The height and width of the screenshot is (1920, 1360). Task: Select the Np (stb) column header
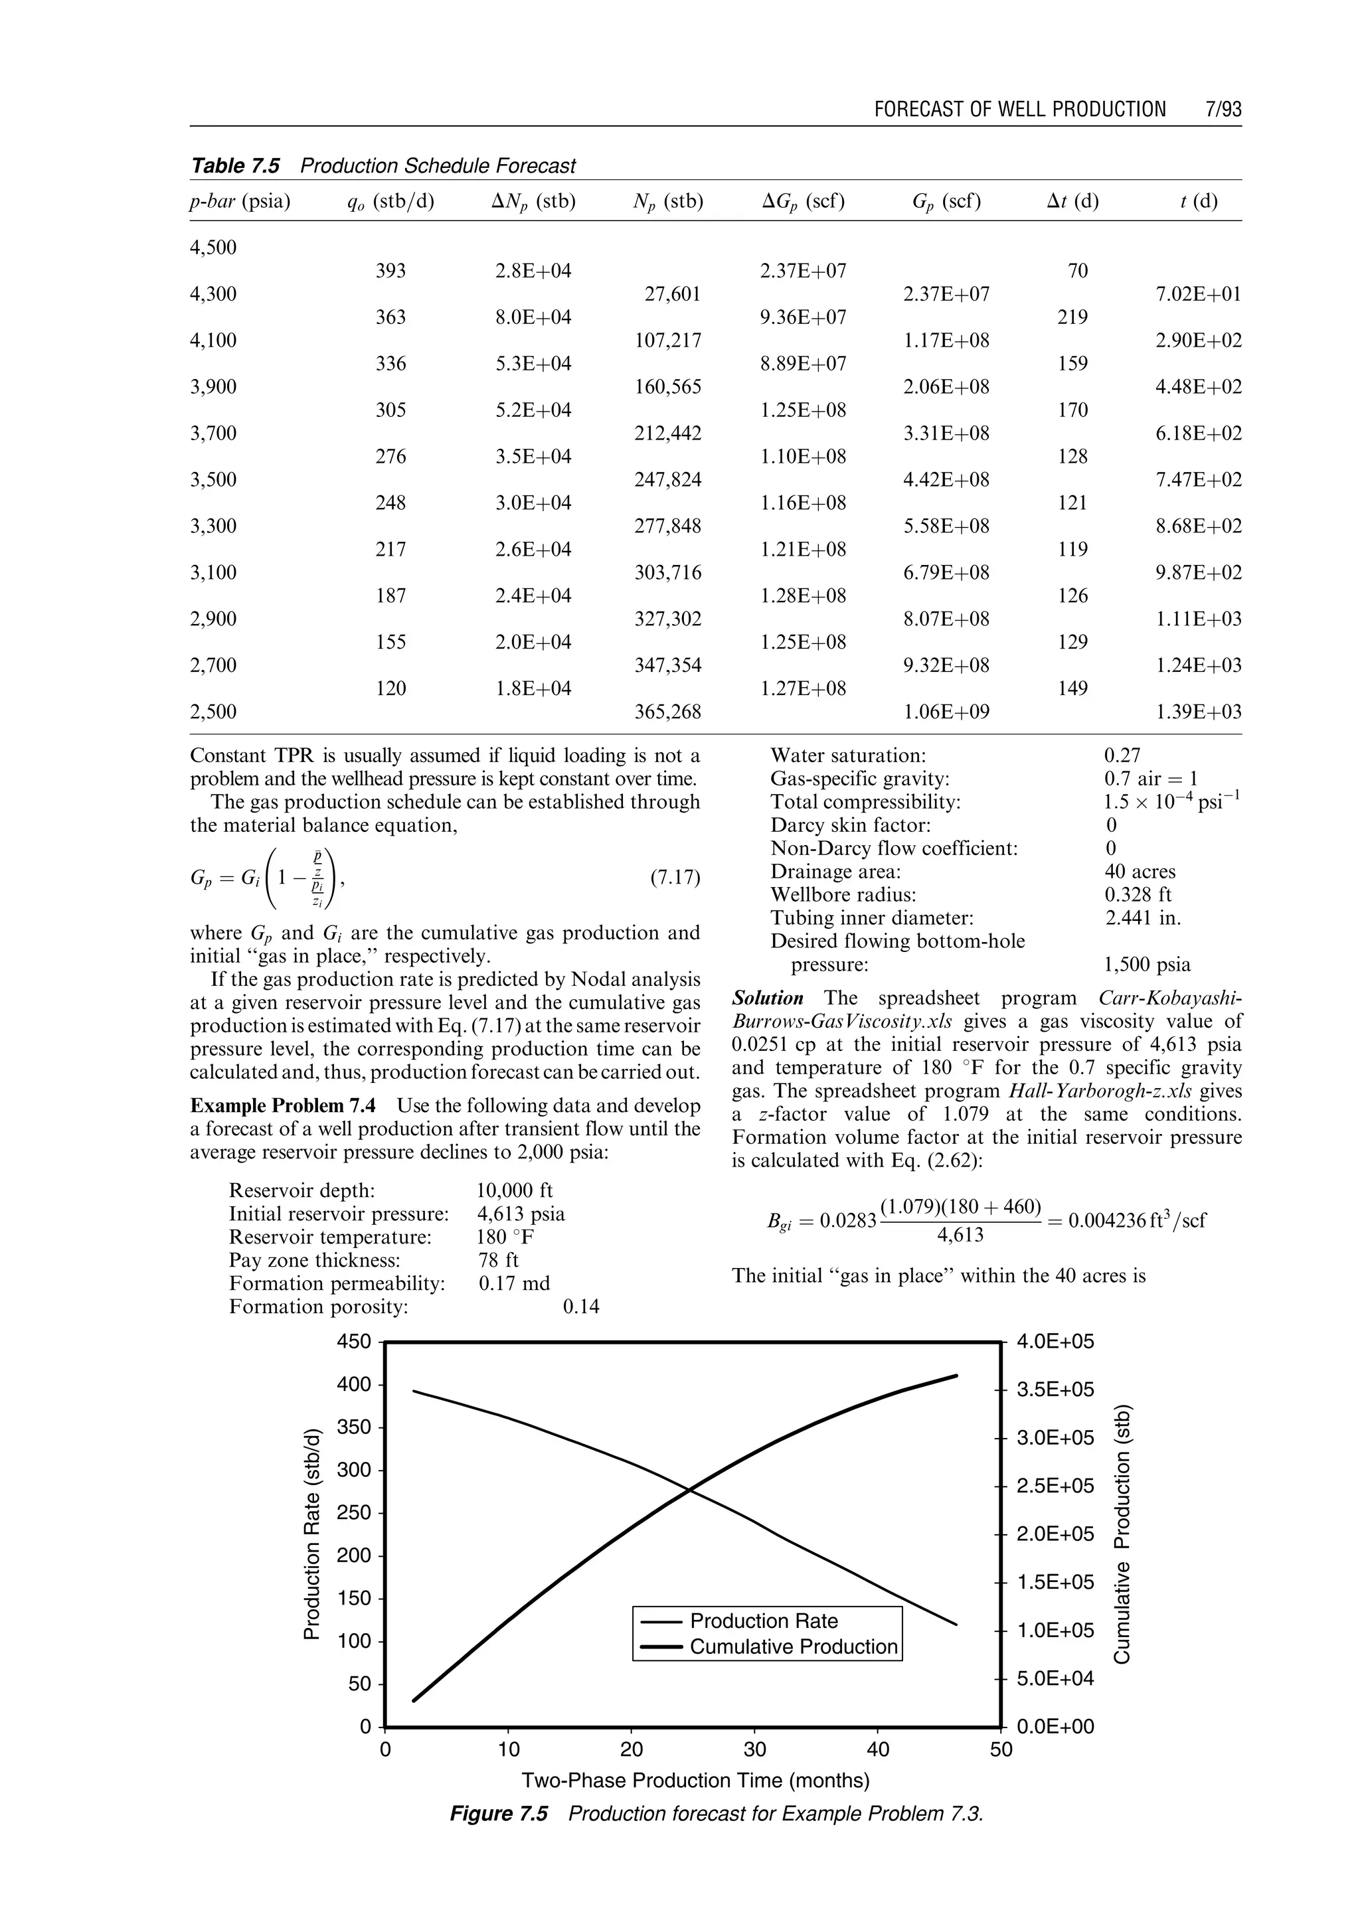(x=667, y=201)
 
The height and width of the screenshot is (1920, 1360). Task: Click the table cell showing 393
(x=391, y=270)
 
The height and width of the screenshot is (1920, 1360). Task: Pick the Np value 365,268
(x=667, y=712)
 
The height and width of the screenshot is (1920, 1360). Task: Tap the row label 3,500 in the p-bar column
(x=214, y=480)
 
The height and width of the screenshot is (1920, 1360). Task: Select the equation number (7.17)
(x=675, y=878)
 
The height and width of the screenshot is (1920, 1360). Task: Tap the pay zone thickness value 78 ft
(x=498, y=1260)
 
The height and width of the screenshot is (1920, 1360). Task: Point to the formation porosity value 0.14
(x=581, y=1307)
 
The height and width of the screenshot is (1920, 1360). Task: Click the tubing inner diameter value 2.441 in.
(x=1142, y=918)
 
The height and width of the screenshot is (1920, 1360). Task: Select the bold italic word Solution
(x=767, y=998)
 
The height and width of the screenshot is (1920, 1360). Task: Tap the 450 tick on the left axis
(x=353, y=1341)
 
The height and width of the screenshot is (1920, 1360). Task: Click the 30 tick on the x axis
(x=754, y=1749)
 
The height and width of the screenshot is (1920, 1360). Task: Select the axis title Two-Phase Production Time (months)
(x=695, y=1780)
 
